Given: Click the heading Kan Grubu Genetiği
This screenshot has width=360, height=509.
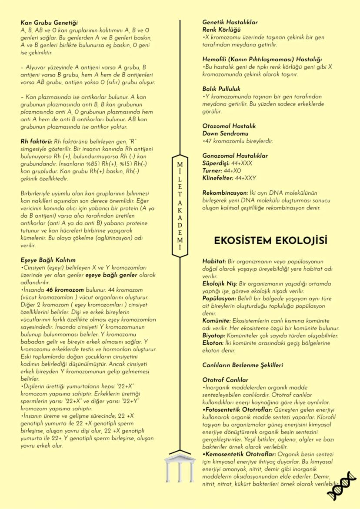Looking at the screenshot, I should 49,23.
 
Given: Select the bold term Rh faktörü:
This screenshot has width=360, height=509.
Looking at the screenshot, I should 36,141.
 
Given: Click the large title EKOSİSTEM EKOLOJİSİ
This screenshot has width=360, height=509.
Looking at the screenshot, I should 270,240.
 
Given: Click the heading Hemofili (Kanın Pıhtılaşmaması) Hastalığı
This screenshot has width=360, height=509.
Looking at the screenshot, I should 262,59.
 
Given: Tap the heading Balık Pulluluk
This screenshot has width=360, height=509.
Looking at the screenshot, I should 222,89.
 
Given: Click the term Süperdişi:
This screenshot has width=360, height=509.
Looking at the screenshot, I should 216,163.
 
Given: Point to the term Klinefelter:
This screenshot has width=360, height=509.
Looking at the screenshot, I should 218,178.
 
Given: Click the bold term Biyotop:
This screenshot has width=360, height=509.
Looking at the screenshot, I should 214,335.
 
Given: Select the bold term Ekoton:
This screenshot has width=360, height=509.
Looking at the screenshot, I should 213,343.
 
